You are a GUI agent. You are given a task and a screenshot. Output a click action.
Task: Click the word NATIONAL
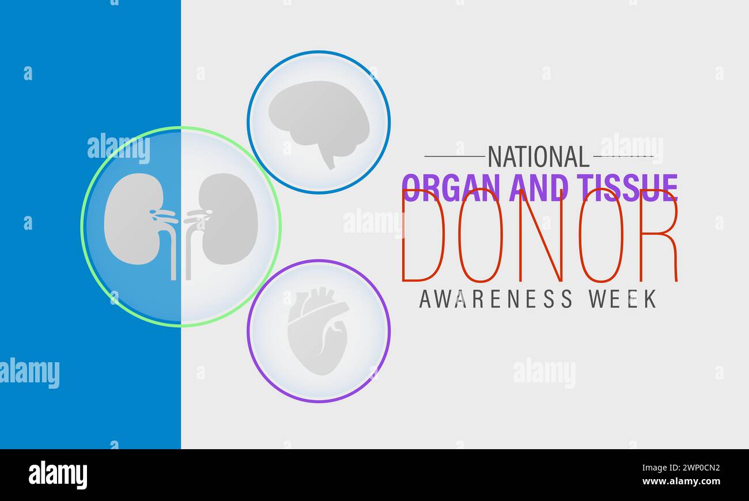(x=539, y=156)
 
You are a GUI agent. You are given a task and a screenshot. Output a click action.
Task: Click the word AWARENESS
(x=496, y=299)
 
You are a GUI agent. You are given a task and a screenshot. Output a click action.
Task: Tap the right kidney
(x=230, y=219)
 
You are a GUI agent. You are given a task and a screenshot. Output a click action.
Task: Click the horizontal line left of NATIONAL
(x=455, y=156)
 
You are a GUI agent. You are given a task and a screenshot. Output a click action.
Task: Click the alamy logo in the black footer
(x=58, y=476)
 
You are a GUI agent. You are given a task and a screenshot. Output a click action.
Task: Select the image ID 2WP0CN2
(x=690, y=467)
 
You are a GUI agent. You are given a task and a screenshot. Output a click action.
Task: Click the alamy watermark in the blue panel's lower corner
(x=29, y=373)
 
